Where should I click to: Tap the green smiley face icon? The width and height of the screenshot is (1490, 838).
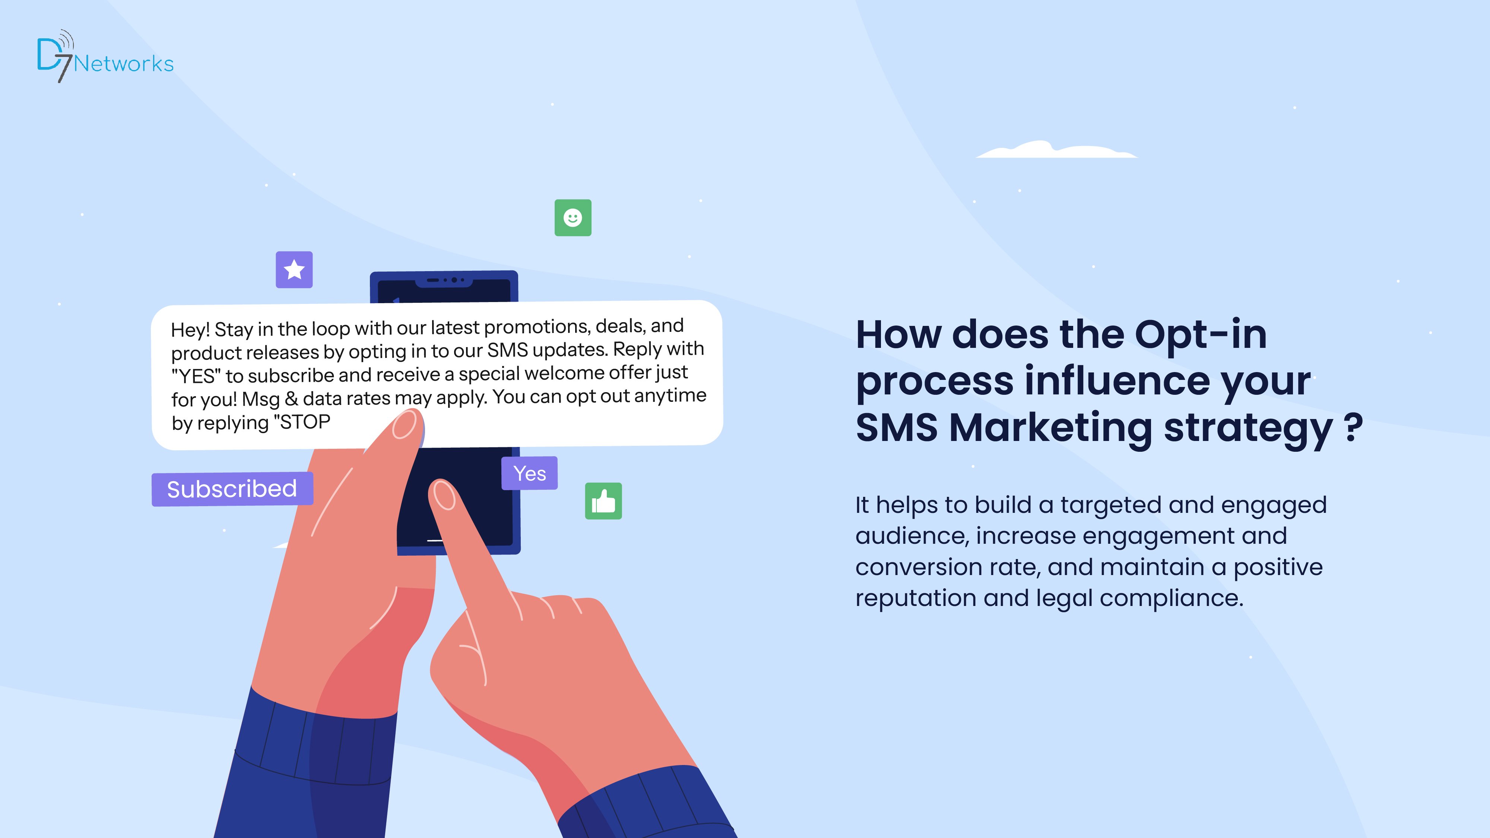point(573,218)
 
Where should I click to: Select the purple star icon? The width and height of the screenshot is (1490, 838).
point(294,270)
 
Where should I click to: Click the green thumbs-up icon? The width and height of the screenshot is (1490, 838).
point(603,501)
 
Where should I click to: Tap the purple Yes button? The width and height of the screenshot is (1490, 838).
point(529,473)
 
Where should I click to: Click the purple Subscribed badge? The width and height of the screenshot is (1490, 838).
point(232,489)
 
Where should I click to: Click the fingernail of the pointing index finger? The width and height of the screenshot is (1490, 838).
point(444,496)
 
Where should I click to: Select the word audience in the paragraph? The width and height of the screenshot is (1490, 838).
point(911,536)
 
